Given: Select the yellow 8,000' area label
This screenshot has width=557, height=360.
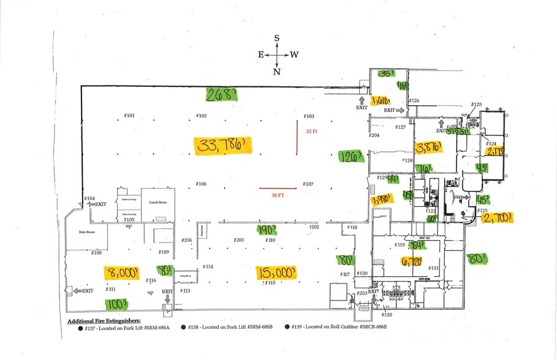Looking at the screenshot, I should [121, 273].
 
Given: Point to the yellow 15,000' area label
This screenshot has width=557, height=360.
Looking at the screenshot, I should [277, 271].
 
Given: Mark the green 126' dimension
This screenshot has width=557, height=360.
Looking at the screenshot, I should [352, 156].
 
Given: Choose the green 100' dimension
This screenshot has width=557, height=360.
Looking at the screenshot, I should [116, 304].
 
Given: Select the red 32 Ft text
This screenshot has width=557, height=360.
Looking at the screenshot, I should [312, 130].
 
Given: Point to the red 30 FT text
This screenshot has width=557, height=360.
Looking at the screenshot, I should [279, 196].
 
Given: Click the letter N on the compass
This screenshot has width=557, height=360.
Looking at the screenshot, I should [277, 72].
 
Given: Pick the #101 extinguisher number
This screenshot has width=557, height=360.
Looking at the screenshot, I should [129, 115].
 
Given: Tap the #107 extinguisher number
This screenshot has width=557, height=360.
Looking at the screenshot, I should [308, 184].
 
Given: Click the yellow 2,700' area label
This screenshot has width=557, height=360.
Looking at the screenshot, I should [497, 217].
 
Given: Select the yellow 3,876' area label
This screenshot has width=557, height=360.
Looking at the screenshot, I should [429, 148].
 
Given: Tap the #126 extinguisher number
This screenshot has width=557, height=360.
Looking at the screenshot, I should [414, 100].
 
